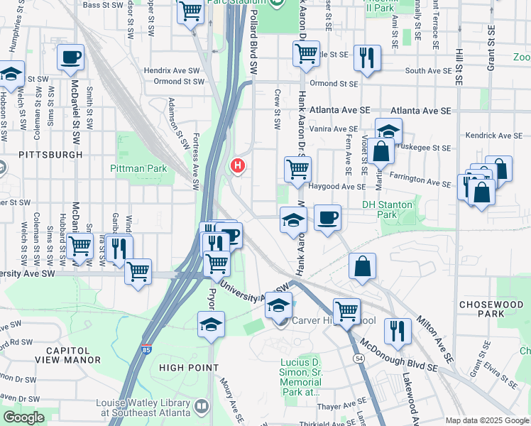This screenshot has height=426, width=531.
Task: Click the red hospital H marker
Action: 237,166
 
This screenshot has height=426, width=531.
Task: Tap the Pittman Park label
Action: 138,168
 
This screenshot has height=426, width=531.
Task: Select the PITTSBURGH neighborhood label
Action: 50,154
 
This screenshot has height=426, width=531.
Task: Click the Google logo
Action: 23,417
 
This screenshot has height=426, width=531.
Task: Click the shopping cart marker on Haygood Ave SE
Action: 297,169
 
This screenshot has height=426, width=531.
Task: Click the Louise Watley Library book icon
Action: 202,406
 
